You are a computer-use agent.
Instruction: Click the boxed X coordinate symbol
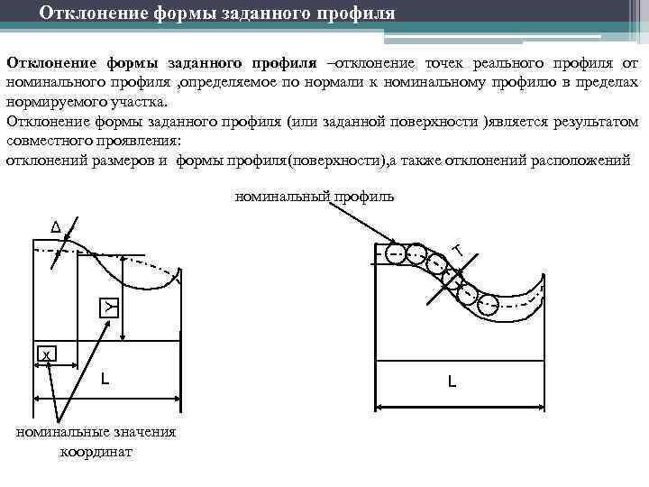(46, 354)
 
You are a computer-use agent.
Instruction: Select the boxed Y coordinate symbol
(108, 307)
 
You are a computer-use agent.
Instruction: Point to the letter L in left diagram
(105, 380)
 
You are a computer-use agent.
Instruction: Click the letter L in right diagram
(452, 381)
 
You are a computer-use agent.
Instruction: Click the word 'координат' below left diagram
(96, 452)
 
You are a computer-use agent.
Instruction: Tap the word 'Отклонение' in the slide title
(93, 14)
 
